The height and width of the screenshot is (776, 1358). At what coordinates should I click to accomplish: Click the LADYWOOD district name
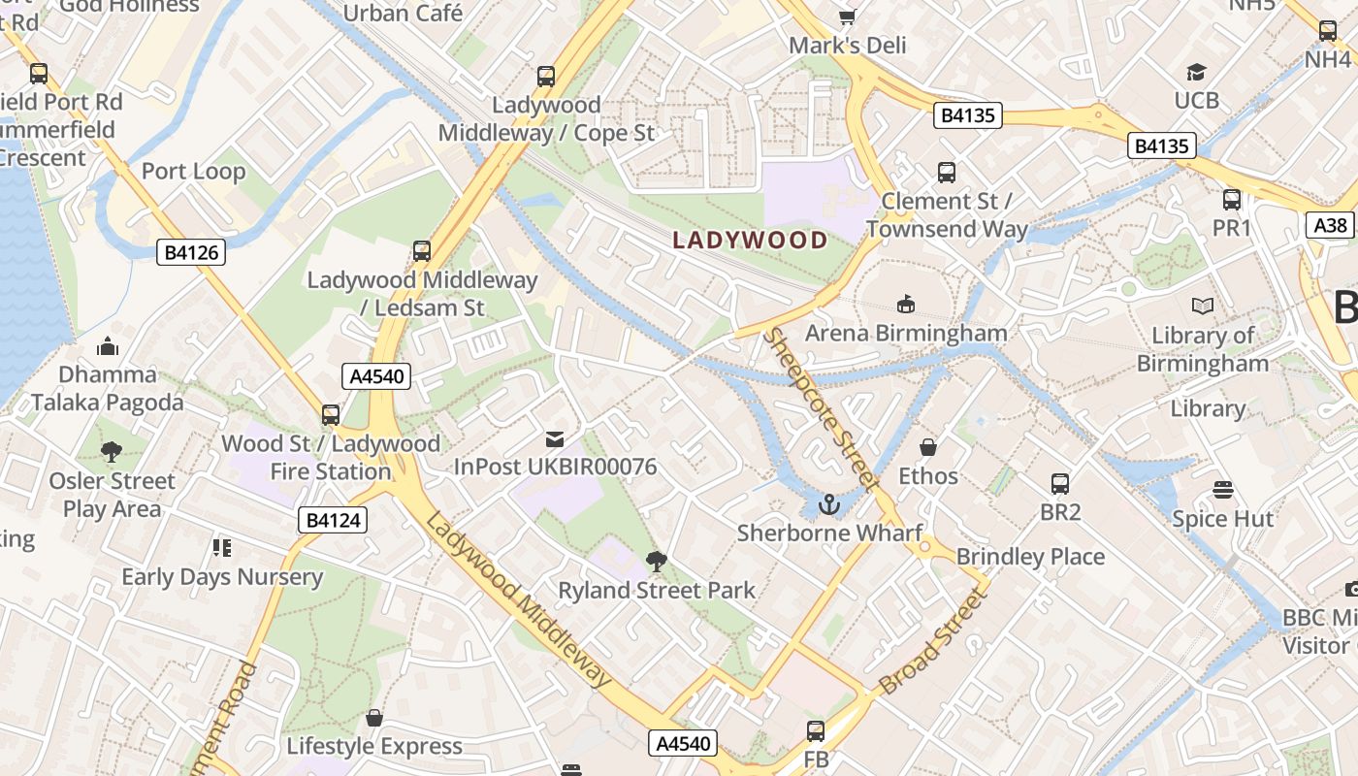pos(751,240)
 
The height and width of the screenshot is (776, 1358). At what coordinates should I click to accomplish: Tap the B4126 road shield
pos(191,253)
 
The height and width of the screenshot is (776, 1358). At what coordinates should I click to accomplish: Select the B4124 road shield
pos(333,520)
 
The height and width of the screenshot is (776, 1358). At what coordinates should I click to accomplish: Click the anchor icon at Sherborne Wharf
pos(828,503)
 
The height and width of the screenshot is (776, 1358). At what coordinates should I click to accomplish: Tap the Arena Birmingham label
pos(906,333)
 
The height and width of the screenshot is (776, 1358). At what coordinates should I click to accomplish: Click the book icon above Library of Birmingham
pos(1203,307)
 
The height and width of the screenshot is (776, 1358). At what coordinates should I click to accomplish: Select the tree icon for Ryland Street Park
pos(657,561)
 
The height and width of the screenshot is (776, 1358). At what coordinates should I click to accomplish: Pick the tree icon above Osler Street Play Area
pos(112,451)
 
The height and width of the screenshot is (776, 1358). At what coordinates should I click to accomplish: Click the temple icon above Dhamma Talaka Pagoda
pos(108,345)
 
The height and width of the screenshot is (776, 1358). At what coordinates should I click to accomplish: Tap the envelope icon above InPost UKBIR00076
pos(555,438)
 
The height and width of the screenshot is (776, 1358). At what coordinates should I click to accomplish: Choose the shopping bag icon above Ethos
pos(928,447)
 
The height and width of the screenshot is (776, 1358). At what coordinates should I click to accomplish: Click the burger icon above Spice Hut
pos(1222,490)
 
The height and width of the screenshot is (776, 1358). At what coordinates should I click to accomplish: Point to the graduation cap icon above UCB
pos(1196,72)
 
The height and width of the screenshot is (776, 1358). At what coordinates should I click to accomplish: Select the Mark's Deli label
pos(847,46)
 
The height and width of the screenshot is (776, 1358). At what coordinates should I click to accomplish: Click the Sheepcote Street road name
pos(822,410)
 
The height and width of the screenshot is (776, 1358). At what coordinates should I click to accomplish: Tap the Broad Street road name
pos(932,642)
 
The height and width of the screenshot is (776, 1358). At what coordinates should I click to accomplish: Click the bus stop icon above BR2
pos(1060,483)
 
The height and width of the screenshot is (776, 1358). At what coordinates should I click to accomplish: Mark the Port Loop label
pos(193,172)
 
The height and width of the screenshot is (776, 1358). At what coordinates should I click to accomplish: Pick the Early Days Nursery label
pos(221,577)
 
